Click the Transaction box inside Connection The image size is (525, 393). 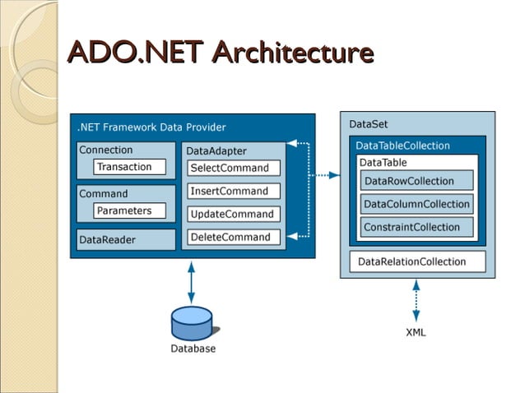tap(124, 167)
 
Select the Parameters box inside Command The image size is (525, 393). tap(124, 210)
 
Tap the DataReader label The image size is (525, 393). tap(107, 240)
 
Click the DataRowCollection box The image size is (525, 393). tap(416, 181)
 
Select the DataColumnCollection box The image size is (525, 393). tap(416, 204)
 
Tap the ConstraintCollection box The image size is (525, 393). tap(416, 227)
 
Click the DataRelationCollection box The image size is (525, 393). tap(416, 261)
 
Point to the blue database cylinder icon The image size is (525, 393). tap(192, 322)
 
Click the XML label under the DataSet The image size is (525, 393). tap(416, 332)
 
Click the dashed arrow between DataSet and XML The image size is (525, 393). tap(416, 300)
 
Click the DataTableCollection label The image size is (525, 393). tap(402, 146)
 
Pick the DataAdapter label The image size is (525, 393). tap(216, 151)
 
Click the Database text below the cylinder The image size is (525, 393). tap(193, 349)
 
